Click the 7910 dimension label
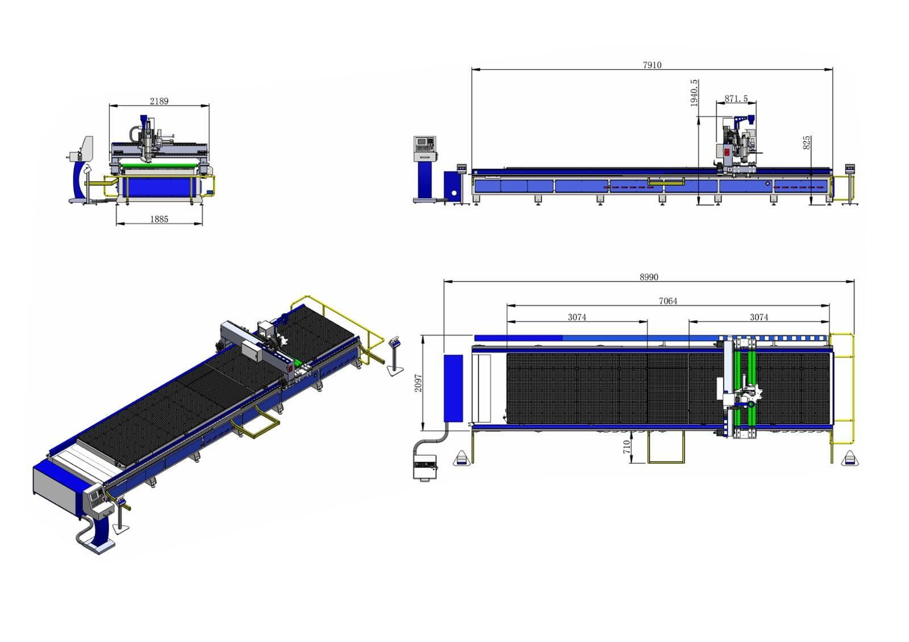pos(652,65)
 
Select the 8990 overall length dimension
pos(649,277)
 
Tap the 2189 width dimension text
pos(159,101)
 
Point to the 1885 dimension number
pos(159,219)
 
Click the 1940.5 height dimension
pos(694,93)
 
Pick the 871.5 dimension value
pos(736,99)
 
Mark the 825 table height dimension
pos(807,142)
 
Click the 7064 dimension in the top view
pos(668,301)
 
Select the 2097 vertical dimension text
pos(418,383)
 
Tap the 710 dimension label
pos(627,447)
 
